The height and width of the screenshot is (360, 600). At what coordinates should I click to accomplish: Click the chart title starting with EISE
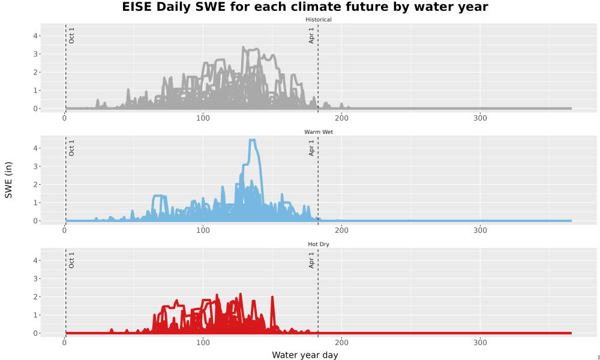tap(305, 7)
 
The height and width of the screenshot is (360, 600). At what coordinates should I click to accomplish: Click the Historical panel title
tap(319, 20)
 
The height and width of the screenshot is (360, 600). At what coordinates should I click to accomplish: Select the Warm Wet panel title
tap(319, 132)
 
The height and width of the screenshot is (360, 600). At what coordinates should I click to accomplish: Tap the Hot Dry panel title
tap(319, 244)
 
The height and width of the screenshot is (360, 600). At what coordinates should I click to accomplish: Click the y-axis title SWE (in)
tap(8, 180)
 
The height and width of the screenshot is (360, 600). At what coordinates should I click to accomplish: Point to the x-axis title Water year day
tap(305, 355)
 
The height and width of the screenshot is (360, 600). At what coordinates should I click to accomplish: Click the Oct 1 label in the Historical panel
tap(71, 35)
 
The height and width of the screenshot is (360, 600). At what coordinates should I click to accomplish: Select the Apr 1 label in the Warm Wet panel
tap(311, 148)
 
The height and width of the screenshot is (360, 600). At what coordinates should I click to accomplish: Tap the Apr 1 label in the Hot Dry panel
tap(311, 260)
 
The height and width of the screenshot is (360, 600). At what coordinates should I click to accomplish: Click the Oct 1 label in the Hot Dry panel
tap(71, 260)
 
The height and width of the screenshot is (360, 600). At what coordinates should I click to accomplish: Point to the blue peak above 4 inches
tap(252, 140)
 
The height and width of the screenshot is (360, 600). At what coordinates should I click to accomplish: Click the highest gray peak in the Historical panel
tap(244, 48)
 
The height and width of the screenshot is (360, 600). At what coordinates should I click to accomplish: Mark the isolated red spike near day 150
tap(272, 297)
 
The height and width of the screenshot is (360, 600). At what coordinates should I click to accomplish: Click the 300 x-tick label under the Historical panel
tap(480, 118)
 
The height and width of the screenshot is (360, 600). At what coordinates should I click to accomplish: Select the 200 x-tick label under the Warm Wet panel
tap(341, 230)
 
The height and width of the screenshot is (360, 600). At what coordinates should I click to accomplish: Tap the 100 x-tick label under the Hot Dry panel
tap(203, 343)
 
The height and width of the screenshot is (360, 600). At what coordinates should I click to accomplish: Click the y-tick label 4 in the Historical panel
tap(35, 36)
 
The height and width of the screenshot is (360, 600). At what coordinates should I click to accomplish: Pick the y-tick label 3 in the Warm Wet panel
tap(35, 166)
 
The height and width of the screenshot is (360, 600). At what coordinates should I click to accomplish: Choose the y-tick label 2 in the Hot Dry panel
tap(35, 297)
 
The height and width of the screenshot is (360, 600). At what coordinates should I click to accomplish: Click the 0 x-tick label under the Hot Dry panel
tap(64, 343)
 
